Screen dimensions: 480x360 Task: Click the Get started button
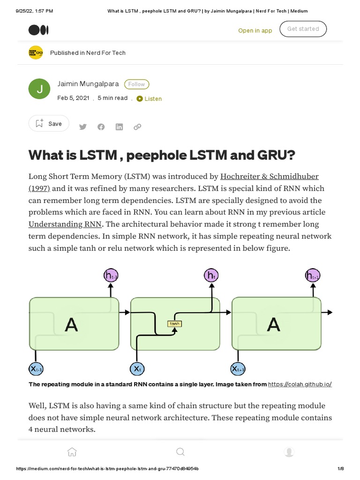tap(303, 29)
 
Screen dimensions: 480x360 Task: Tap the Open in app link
tap(255, 30)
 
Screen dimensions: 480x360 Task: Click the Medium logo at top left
tap(38, 30)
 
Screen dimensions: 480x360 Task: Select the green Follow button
tap(136, 84)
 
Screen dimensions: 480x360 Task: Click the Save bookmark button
tap(49, 124)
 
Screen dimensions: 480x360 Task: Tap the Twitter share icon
tap(83, 127)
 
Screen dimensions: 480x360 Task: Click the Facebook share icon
tap(101, 127)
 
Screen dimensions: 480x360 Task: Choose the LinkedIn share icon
tap(119, 127)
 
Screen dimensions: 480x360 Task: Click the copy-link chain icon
tap(137, 127)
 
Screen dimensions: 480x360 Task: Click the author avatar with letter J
tap(39, 89)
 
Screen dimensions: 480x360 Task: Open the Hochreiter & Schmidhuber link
tap(269, 177)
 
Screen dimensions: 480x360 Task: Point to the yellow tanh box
tap(174, 323)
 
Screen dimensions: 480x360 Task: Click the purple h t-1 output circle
tap(111, 276)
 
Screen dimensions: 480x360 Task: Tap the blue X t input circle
tap(136, 369)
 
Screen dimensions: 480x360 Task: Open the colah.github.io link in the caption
tap(300, 384)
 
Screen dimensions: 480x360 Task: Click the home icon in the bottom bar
tap(72, 452)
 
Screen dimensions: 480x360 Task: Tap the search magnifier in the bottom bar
tap(180, 452)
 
